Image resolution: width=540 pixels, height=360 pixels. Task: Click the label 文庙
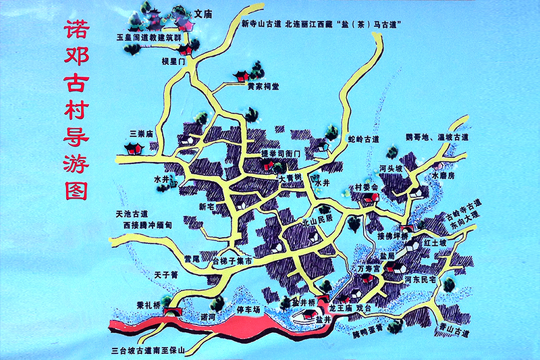tap(204, 13)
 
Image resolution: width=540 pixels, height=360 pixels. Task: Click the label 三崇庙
tap(145, 134)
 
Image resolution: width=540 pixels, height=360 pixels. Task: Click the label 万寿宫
tap(369, 268)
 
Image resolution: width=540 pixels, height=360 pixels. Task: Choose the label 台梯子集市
tap(232, 261)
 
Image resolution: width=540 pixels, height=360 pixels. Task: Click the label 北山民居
tap(317, 220)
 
